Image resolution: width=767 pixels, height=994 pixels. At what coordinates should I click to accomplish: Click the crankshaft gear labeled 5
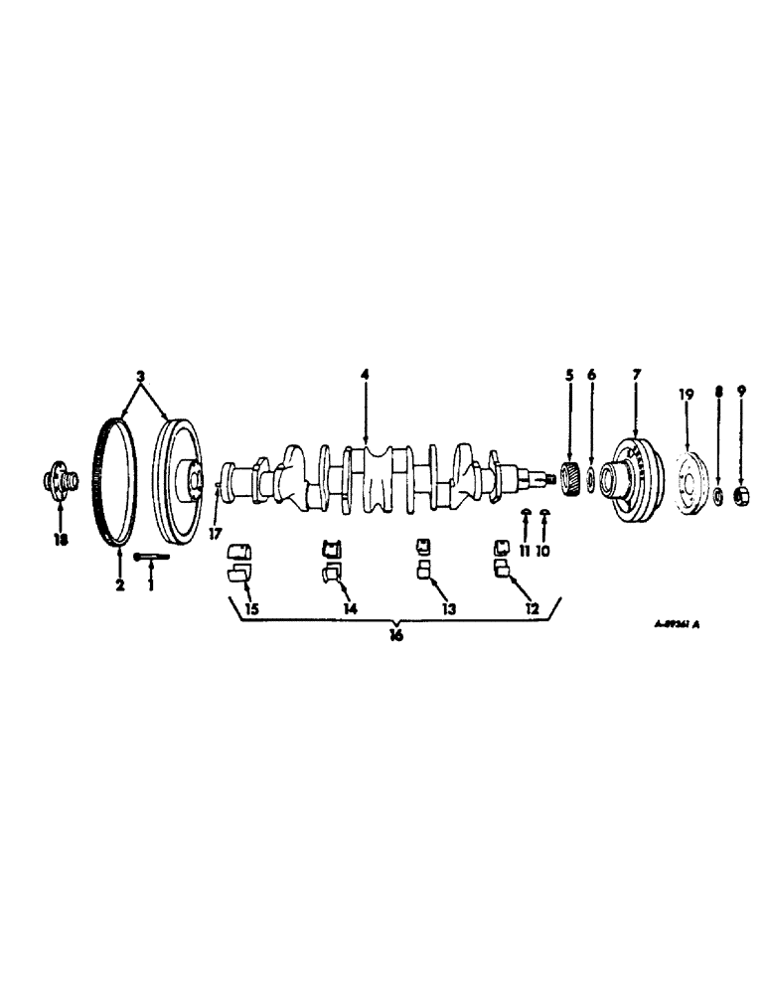click(x=570, y=478)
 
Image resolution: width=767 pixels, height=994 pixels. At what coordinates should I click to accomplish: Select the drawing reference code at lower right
click(x=678, y=626)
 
